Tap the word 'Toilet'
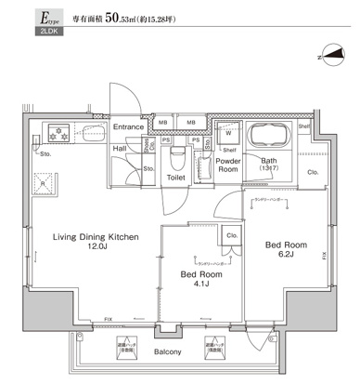pyautogui.click(x=176, y=176)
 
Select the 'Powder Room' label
pyautogui.click(x=228, y=165)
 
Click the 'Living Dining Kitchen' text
pyautogui.click(x=95, y=238)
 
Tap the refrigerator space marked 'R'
pyautogui.click(x=42, y=183)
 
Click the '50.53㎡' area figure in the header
pyautogui.click(x=125, y=18)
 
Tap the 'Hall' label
pyautogui.click(x=121, y=148)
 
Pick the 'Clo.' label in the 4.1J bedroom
pyautogui.click(x=230, y=236)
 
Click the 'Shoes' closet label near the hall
pyautogui.click(x=148, y=146)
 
